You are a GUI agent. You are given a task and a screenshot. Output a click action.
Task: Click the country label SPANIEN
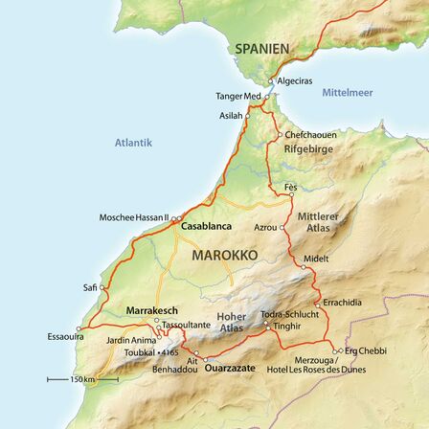point(262,48)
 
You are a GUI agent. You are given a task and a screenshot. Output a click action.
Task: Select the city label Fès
point(291,185)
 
